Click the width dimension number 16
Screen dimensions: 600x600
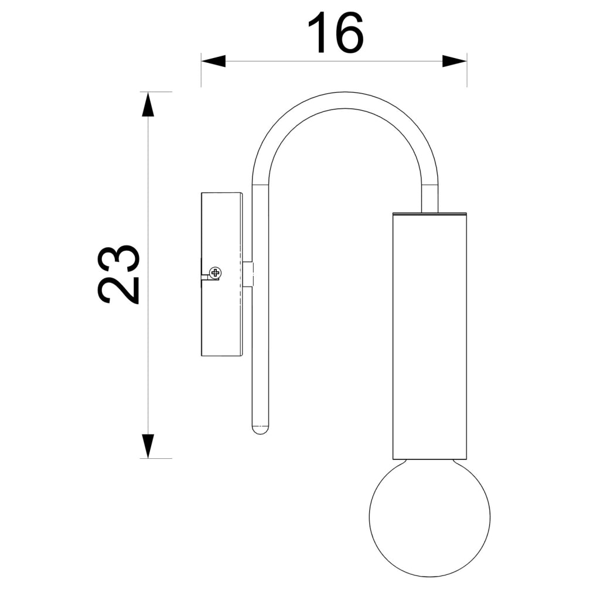(335, 33)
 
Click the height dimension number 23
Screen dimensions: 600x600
(118, 274)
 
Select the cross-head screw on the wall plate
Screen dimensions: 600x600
(216, 273)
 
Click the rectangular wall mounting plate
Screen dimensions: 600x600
(221, 274)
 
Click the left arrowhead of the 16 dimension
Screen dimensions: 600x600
(213, 61)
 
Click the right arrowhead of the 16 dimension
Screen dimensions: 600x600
(455, 61)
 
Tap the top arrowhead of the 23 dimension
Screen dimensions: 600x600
(148, 104)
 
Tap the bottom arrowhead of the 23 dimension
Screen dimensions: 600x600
(148, 446)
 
